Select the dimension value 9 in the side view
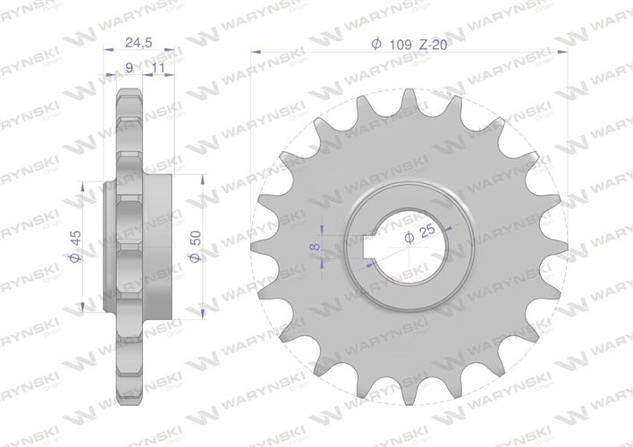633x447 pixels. tap(131, 66)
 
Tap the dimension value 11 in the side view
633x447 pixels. tap(157, 66)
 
